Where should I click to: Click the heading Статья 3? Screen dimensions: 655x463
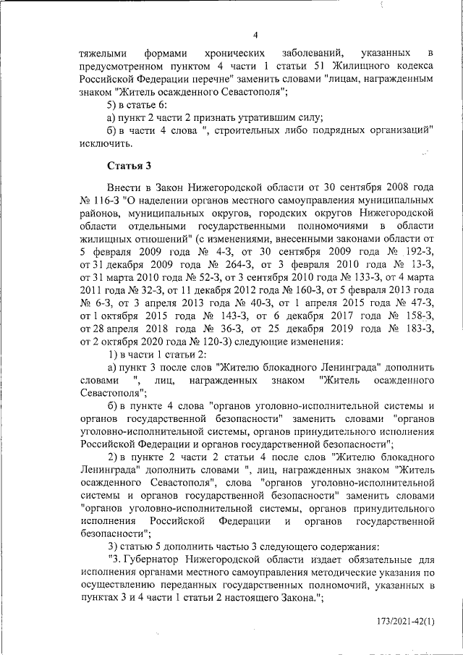click(x=129, y=166)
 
